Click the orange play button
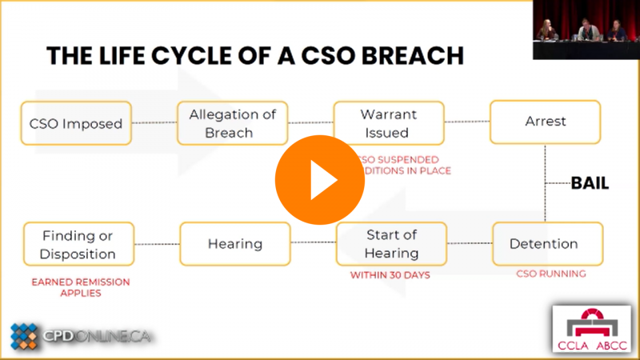click(320, 180)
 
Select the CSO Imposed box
click(76, 123)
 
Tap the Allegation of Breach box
click(232, 123)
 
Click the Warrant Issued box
click(389, 123)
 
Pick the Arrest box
click(546, 122)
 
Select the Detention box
click(546, 244)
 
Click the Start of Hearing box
click(392, 244)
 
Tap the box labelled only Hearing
click(235, 244)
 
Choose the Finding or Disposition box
click(78, 244)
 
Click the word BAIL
click(590, 183)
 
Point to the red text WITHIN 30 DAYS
click(390, 275)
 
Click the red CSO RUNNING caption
click(550, 274)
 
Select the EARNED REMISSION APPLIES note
click(80, 287)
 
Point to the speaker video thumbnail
click(586, 30)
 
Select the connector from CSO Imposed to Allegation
click(154, 123)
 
